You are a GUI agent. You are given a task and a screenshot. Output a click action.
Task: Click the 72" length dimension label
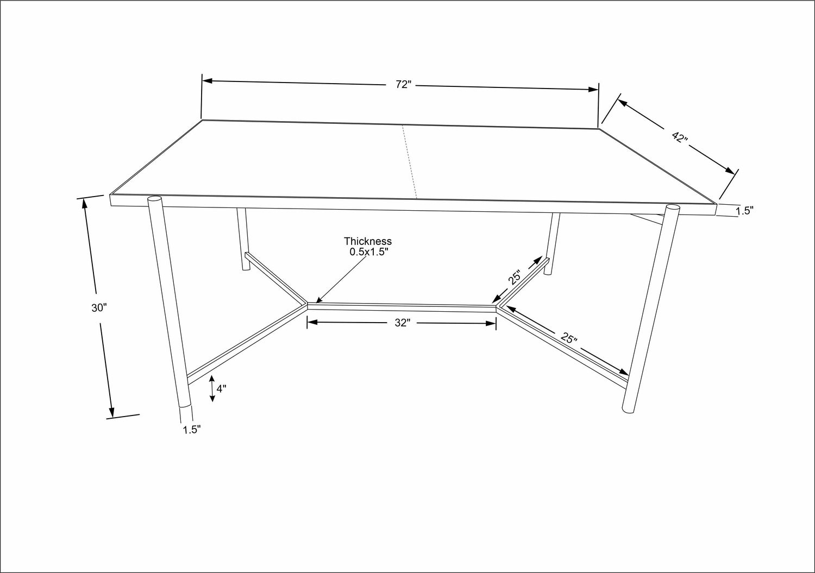click(x=404, y=84)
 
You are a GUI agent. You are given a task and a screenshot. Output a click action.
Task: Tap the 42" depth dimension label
click(x=680, y=137)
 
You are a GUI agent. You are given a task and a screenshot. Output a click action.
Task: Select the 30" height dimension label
click(x=99, y=308)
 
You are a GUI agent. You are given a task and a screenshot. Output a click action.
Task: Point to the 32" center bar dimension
click(x=403, y=323)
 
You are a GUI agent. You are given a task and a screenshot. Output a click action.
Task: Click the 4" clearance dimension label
click(x=221, y=388)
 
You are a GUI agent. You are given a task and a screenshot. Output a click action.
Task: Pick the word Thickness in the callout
click(x=368, y=241)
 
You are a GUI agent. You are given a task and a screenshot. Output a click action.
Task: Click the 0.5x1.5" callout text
click(x=369, y=252)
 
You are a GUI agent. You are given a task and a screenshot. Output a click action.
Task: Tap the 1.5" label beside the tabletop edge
click(x=744, y=211)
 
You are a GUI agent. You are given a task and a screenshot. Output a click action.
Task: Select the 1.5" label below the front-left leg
click(x=192, y=430)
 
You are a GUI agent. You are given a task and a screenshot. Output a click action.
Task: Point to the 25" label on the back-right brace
click(x=515, y=277)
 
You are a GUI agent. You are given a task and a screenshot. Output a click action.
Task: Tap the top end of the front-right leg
click(x=673, y=208)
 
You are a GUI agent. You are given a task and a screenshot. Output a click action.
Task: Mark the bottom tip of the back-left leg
click(x=246, y=269)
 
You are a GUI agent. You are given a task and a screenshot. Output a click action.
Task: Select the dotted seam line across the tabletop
click(x=409, y=162)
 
